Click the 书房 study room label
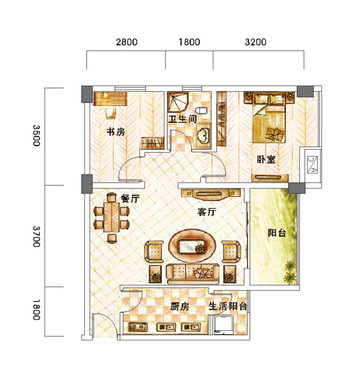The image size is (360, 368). tap(116, 132)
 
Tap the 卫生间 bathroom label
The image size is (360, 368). tap(182, 119)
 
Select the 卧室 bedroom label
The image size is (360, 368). tap(266, 160)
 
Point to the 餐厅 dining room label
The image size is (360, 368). tap(130, 198)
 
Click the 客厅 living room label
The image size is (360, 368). tap(207, 212)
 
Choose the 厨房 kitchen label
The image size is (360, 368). tap(180, 306)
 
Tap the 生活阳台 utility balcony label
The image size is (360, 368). tap(228, 306)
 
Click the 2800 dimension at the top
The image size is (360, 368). tap(127, 42)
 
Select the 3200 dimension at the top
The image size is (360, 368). tap(256, 42)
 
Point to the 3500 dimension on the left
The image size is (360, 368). tap(36, 136)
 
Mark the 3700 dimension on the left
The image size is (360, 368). tap(36, 237)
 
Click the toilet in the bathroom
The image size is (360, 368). tap(202, 111)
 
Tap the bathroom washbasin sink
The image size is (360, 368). tap(203, 136)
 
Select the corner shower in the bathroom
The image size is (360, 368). tap(178, 103)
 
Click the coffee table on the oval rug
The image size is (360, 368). tap(192, 246)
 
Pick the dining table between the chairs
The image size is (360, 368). tap(112, 217)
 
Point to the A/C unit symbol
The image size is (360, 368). tap(313, 165)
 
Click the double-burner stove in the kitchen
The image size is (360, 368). tap(138, 327)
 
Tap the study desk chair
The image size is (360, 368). tap(111, 113)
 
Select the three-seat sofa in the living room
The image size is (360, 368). tap(193, 274)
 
